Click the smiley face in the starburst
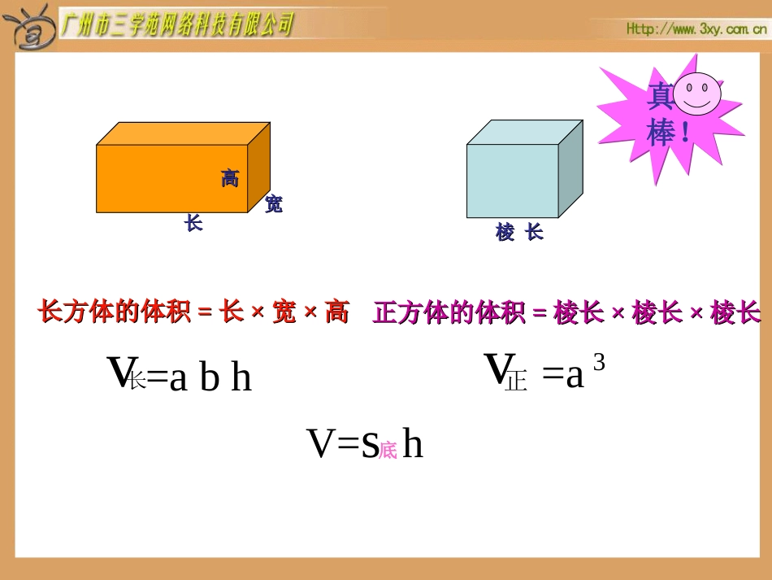(696, 92)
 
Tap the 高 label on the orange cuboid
(230, 178)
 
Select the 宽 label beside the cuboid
(274, 204)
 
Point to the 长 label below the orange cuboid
(193, 223)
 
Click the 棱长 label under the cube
(519, 233)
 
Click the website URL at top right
(696, 29)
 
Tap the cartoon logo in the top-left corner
(29, 27)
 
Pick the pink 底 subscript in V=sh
(388, 450)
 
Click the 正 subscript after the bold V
(516, 380)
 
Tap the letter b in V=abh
(210, 377)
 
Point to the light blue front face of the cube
(511, 181)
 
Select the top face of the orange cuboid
(183, 134)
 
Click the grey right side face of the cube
(570, 168)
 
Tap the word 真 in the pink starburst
(659, 98)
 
